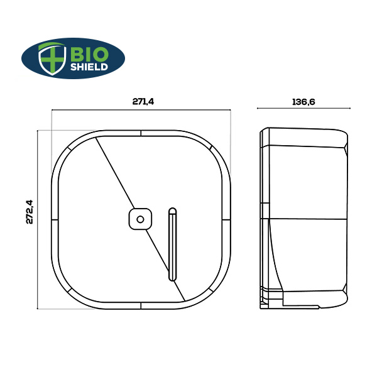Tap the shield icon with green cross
pyautogui.click(x=52, y=58)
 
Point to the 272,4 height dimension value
pyautogui.click(x=29, y=212)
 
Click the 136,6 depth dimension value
pyautogui.click(x=303, y=101)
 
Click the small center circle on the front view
pyautogui.click(x=141, y=219)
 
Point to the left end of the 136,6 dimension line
pyautogui.click(x=258, y=109)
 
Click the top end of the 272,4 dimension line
pyautogui.click(x=38, y=131)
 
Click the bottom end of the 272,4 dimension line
pyautogui.click(x=38, y=309)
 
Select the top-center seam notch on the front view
pyautogui.click(x=141, y=133)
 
